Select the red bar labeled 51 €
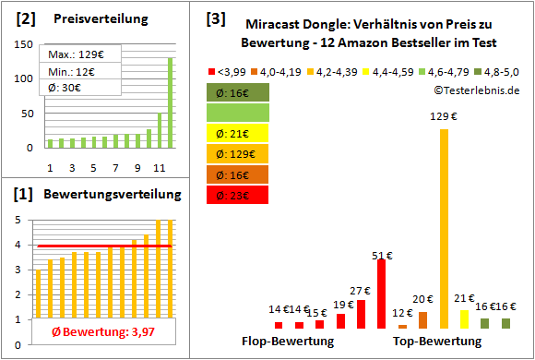[381, 294]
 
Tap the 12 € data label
[402, 313]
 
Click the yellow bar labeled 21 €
[464, 318]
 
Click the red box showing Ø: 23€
[238, 195]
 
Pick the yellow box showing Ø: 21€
[238, 133]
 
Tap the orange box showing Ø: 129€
[238, 153]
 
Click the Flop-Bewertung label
[288, 342]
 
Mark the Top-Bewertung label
[437, 342]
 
